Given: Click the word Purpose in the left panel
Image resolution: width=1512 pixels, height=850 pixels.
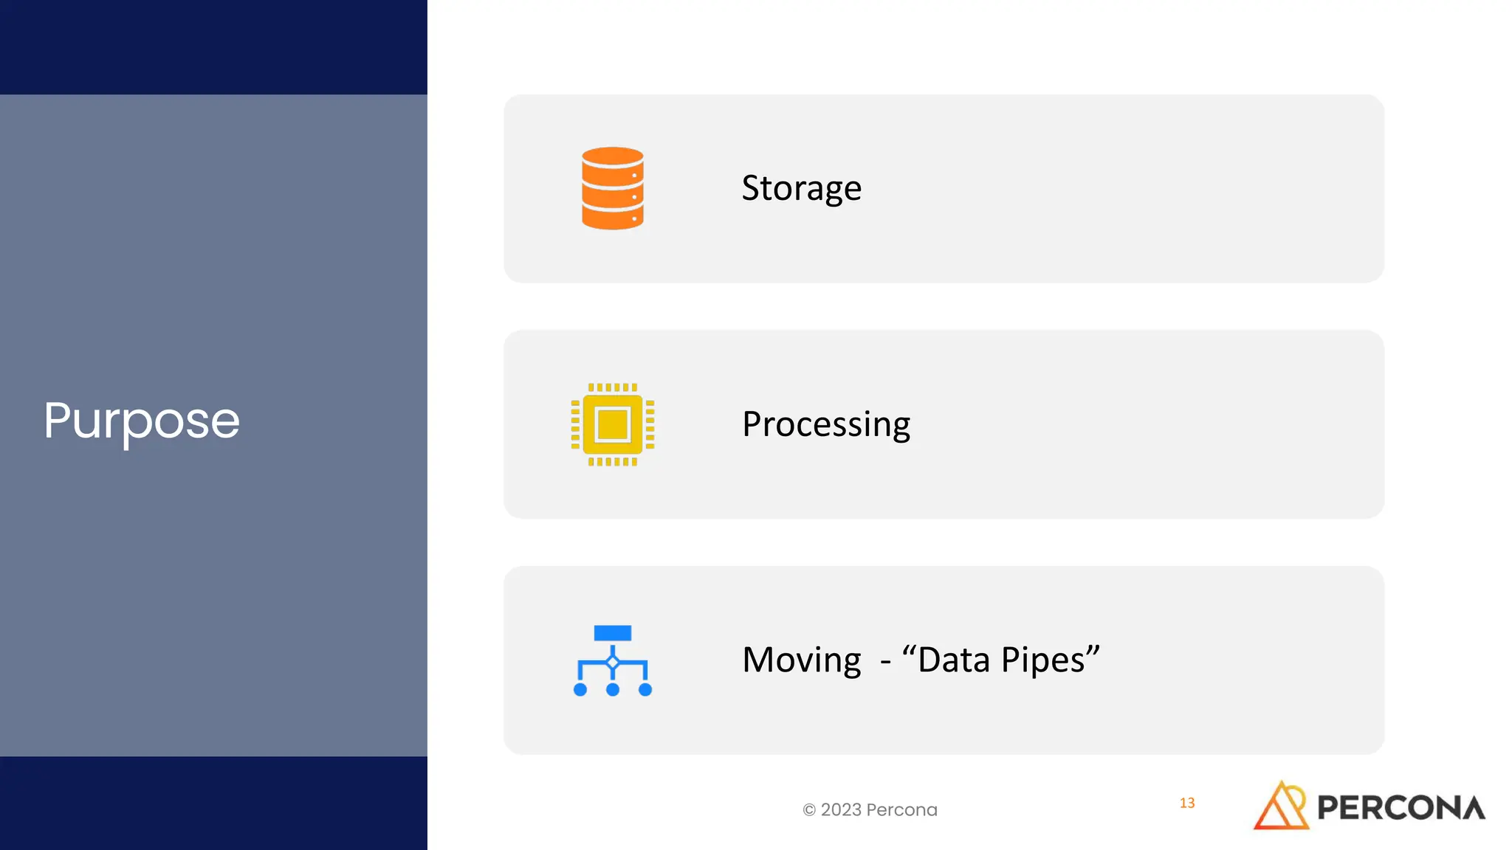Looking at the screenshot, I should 142,421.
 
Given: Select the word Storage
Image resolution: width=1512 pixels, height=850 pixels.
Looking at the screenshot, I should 801,188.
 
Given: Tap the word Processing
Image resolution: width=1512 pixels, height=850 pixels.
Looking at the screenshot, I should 826,424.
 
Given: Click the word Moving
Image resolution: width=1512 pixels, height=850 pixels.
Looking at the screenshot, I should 802,660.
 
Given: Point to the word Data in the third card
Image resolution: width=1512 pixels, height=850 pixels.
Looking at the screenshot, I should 954,660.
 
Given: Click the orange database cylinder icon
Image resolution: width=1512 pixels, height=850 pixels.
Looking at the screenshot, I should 612,188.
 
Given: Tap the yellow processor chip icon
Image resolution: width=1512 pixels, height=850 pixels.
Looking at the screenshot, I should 612,424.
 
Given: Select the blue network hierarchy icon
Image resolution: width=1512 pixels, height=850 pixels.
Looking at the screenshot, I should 612,660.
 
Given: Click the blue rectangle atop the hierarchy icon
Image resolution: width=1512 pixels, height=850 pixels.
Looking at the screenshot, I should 612,633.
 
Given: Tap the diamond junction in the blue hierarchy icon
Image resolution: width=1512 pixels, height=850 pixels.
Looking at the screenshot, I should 612,663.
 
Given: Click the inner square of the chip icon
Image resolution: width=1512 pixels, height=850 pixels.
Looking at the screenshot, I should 612,424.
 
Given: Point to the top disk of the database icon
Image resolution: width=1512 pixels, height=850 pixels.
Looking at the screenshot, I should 612,159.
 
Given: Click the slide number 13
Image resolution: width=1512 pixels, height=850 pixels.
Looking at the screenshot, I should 1187,803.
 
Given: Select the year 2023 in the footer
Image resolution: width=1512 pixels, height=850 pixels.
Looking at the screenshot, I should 841,810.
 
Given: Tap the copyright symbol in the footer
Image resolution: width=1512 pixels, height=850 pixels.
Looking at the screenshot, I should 809,810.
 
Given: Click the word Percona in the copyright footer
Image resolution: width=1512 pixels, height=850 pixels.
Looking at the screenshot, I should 901,810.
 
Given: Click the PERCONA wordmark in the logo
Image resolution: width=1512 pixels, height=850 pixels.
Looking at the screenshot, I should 1401,808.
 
